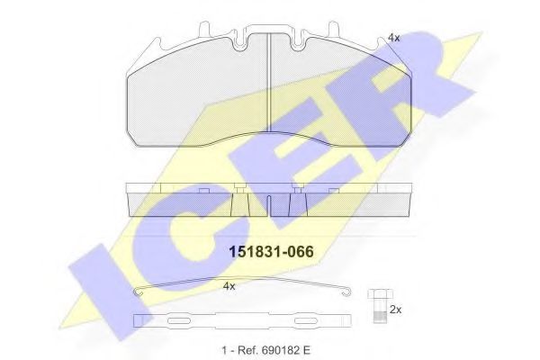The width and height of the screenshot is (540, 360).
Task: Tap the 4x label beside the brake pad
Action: pos(393,37)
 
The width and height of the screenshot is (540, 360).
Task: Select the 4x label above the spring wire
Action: pos(229,286)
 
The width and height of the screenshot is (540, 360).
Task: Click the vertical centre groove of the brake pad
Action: pos(271,94)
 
